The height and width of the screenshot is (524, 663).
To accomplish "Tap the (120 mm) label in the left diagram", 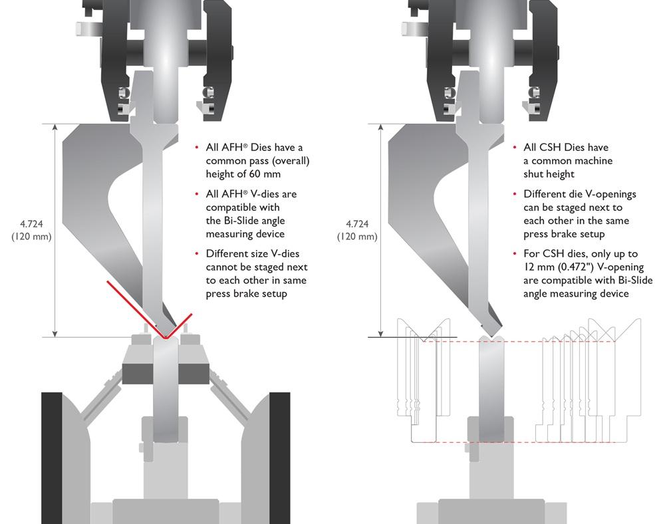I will click(31, 237).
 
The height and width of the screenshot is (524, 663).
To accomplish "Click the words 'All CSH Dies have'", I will click(566, 147).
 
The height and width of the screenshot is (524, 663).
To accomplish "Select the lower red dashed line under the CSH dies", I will click(532, 442).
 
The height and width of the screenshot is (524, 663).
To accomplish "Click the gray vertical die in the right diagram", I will click(493, 386).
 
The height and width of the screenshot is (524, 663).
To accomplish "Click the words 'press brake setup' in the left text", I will click(246, 293).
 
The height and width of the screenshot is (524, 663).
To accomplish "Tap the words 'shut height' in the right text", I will click(549, 174).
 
